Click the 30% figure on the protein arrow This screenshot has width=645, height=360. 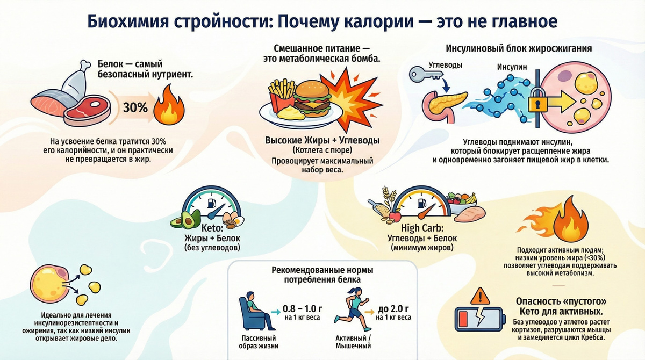coord(135,107)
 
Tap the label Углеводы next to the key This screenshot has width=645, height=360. coord(444,65)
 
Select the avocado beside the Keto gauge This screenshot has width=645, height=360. coord(180,220)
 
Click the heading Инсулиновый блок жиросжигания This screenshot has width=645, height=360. coord(519,48)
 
